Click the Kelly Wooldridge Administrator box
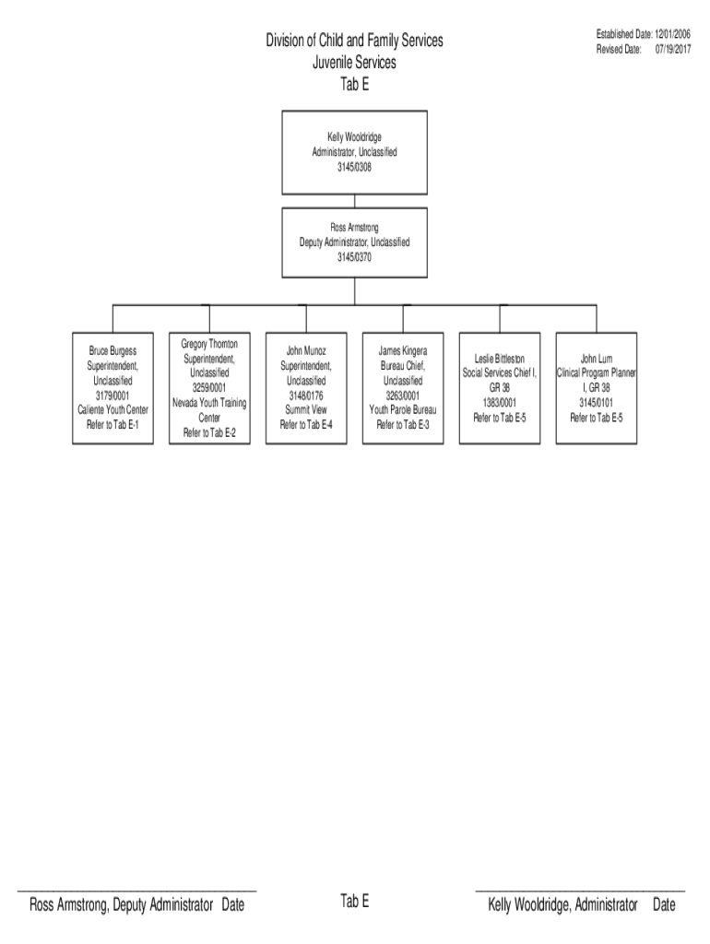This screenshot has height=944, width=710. pyautogui.click(x=354, y=152)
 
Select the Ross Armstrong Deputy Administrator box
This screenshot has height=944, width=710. pyautogui.click(x=354, y=242)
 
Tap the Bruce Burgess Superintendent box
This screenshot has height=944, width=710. pyautogui.click(x=112, y=387)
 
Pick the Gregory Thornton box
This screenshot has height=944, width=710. pyautogui.click(x=209, y=387)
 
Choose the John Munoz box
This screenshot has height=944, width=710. pyautogui.click(x=306, y=387)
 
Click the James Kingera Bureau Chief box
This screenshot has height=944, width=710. pyautogui.click(x=403, y=387)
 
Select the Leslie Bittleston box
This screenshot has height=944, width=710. pyautogui.click(x=500, y=387)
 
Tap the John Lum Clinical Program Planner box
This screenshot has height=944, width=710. pyautogui.click(x=596, y=387)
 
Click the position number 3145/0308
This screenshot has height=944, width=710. pyautogui.click(x=354, y=168)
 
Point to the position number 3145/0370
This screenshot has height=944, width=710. pyautogui.click(x=354, y=257)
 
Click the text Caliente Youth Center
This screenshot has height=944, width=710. pyautogui.click(x=112, y=409)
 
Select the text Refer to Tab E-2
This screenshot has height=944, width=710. pyautogui.click(x=209, y=432)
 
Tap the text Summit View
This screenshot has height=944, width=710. pyautogui.click(x=306, y=409)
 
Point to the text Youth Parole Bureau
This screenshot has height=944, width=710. pyautogui.click(x=403, y=409)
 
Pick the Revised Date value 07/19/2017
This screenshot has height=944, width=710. pyautogui.click(x=673, y=49)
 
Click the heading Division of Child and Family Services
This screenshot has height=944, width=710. pyautogui.click(x=354, y=41)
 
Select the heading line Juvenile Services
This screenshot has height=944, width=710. pyautogui.click(x=354, y=63)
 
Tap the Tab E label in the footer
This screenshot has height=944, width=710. pyautogui.click(x=354, y=902)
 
